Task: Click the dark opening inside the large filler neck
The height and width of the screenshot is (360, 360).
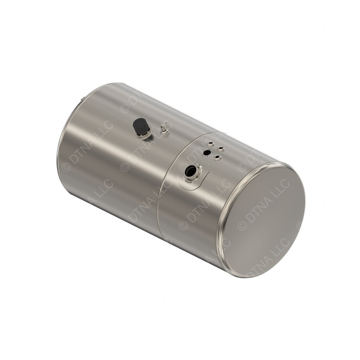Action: [190, 171]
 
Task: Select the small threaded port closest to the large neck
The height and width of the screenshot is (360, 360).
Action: [218, 157]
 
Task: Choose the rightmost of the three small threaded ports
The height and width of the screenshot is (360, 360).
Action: [221, 149]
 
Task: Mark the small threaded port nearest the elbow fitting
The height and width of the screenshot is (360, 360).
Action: [210, 143]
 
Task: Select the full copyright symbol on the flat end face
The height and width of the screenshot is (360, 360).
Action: [242, 225]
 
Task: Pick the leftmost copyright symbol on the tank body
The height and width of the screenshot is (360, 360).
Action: [66, 167]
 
